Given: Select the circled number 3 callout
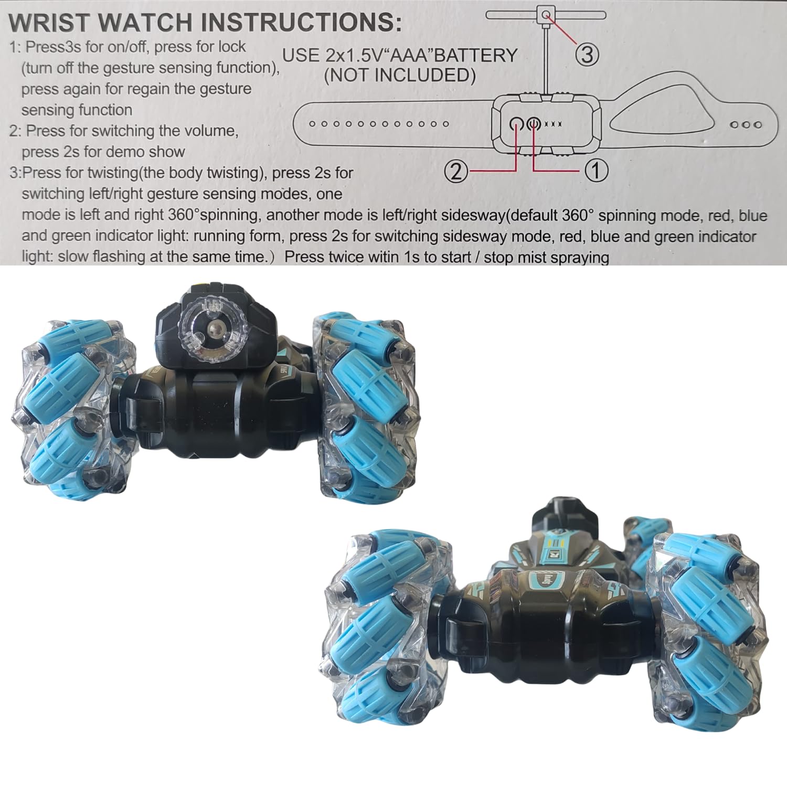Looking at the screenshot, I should click(587, 54).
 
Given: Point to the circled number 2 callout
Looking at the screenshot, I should click(456, 171).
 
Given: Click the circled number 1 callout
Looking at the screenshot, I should click(596, 171).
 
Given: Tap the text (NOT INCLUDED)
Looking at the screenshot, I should click(400, 76).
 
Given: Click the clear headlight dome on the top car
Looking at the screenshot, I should click(212, 329).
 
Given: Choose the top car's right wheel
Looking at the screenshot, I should click(366, 407).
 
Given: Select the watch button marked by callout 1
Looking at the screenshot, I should click(534, 124).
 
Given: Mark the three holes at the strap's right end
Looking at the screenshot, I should click(746, 125).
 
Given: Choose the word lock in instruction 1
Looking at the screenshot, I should click(232, 47).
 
